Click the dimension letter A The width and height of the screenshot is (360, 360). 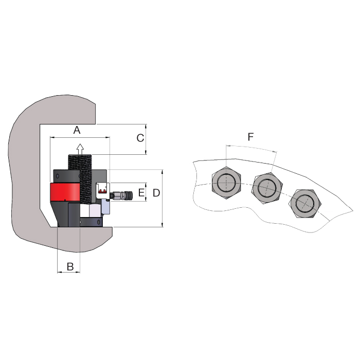pos(77,130)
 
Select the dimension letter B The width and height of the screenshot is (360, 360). pos(70,267)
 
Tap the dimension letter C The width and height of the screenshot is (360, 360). pos(140,138)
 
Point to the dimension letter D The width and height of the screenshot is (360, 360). pos(156,193)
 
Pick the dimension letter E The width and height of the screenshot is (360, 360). pos(141,192)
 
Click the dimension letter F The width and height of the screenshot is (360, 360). pos(250,137)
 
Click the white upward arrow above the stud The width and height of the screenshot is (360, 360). pos(80,149)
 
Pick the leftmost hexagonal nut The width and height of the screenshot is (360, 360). pos(226,183)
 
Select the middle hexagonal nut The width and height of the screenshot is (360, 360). pos(267,188)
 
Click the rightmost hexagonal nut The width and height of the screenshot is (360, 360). pos(305,204)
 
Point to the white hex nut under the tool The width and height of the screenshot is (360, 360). pos(90,210)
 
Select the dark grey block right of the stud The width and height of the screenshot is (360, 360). pos(99,176)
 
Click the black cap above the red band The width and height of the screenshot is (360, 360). pos(66,176)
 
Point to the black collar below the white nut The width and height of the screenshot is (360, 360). pos(92,222)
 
